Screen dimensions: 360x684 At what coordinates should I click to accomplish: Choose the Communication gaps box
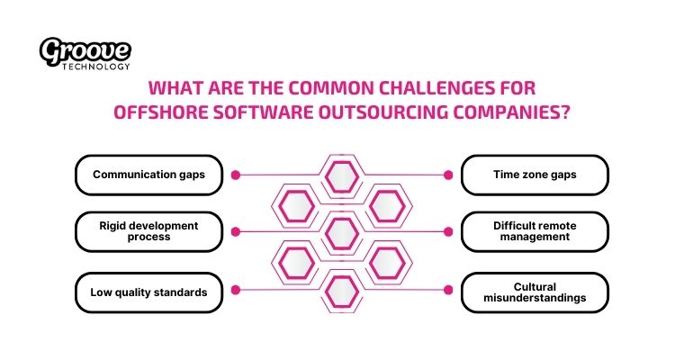pos(148,175)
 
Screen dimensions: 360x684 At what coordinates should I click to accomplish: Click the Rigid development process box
pos(148,230)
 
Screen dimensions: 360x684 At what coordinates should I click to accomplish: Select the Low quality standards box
pos(148,292)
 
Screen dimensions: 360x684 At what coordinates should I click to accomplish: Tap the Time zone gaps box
pos(535,175)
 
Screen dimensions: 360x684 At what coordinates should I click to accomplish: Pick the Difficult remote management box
pos(535,231)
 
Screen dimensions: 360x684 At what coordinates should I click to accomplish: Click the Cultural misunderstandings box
pos(535,292)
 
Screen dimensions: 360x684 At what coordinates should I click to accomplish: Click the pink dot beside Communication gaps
pos(236,175)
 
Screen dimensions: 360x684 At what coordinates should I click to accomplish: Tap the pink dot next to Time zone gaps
pos(447,175)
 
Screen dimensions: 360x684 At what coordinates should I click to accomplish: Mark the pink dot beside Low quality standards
pos(236,290)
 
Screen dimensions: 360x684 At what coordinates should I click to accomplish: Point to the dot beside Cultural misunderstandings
pos(447,290)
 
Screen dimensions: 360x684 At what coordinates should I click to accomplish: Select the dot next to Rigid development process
pos(236,231)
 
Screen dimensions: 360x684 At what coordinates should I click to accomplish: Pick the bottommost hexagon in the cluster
pos(342,291)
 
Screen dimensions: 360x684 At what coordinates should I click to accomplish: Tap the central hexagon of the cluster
pos(342,233)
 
